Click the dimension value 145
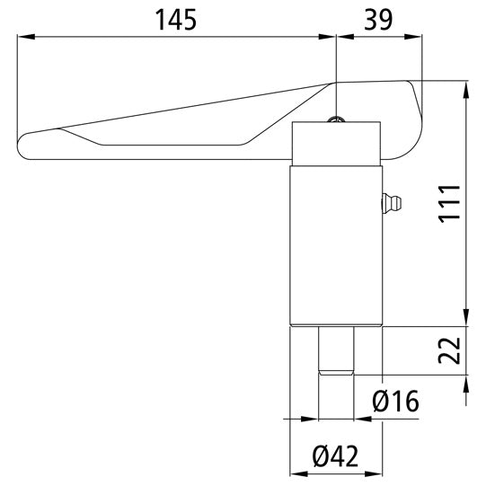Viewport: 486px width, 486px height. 176,20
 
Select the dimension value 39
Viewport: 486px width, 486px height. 378,20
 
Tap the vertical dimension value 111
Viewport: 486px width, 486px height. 449,203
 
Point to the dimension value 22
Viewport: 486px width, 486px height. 449,350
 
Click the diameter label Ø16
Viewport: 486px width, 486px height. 396,401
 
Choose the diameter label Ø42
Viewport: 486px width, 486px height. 335,456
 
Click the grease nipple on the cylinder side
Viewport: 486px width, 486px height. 391,203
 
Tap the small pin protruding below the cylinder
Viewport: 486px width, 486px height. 336,350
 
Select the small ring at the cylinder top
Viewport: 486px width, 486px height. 336,119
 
